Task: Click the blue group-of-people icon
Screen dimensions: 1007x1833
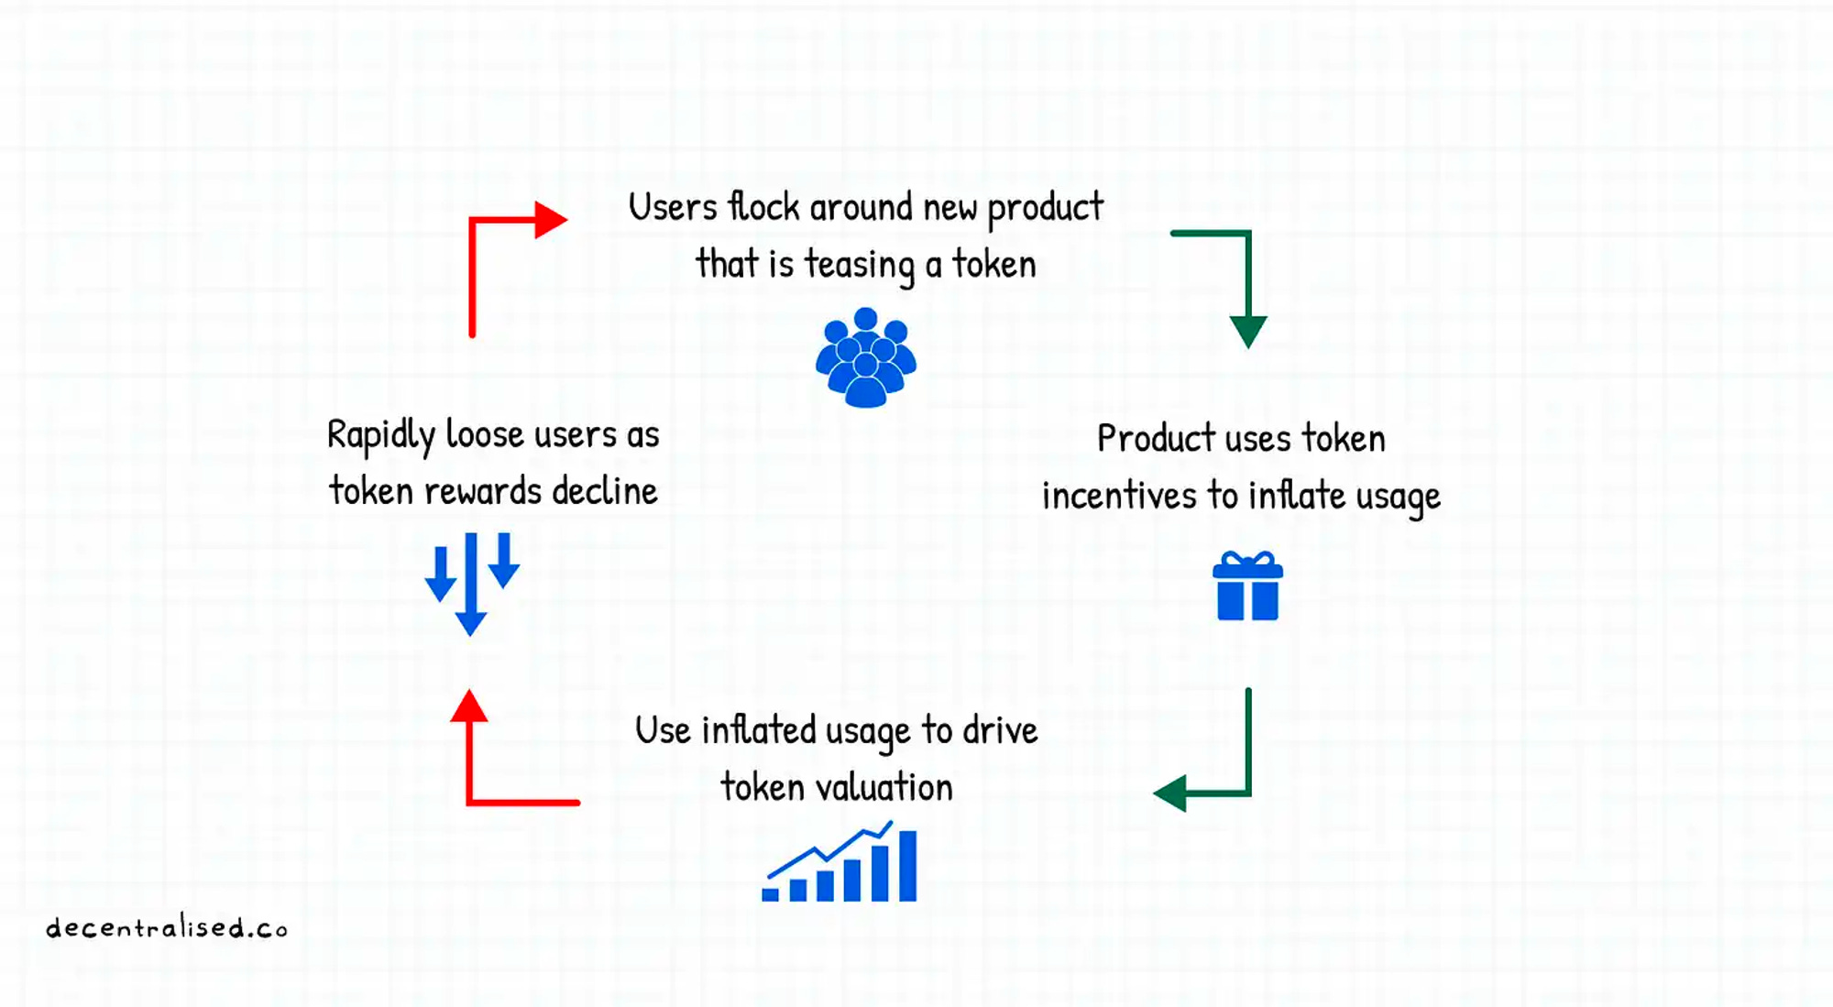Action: (x=865, y=357)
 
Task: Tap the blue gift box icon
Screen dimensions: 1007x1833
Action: (x=1247, y=586)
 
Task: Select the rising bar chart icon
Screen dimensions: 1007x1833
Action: (x=840, y=863)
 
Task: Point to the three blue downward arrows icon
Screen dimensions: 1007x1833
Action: (x=471, y=582)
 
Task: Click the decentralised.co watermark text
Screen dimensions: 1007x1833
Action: (x=167, y=928)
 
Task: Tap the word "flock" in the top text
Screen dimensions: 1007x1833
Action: (x=763, y=207)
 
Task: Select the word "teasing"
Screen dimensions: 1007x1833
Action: (x=859, y=265)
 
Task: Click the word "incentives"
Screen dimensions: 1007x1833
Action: (x=1119, y=496)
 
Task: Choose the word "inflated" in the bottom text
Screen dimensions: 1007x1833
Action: (x=758, y=731)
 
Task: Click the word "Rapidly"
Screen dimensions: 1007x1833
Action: (x=380, y=435)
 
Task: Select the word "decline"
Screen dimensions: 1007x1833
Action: (x=604, y=492)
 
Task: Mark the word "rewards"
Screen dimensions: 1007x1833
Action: (x=482, y=492)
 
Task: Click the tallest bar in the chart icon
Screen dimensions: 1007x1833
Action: (x=907, y=866)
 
